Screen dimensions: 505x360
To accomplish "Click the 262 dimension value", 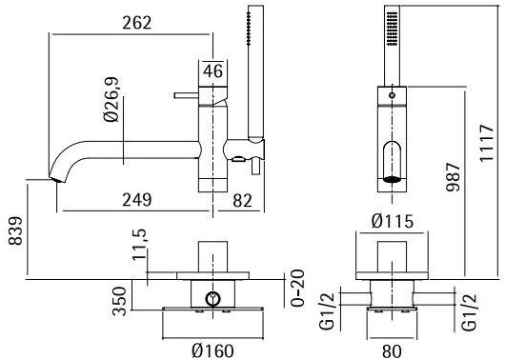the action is pyautogui.click(x=136, y=23).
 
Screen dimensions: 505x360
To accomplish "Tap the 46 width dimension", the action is pyautogui.click(x=212, y=70).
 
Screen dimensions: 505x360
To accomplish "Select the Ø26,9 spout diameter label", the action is pyautogui.click(x=111, y=100).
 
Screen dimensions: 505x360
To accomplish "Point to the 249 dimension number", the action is pyautogui.click(x=136, y=200).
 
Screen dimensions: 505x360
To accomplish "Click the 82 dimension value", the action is pyautogui.click(x=242, y=201).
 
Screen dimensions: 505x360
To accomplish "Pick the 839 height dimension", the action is pyautogui.click(x=15, y=230).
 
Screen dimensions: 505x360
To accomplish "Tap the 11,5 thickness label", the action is pyautogui.click(x=140, y=245).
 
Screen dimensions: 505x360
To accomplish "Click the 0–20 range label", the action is pyautogui.click(x=296, y=288).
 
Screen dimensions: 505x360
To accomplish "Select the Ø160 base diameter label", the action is pyautogui.click(x=212, y=350).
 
